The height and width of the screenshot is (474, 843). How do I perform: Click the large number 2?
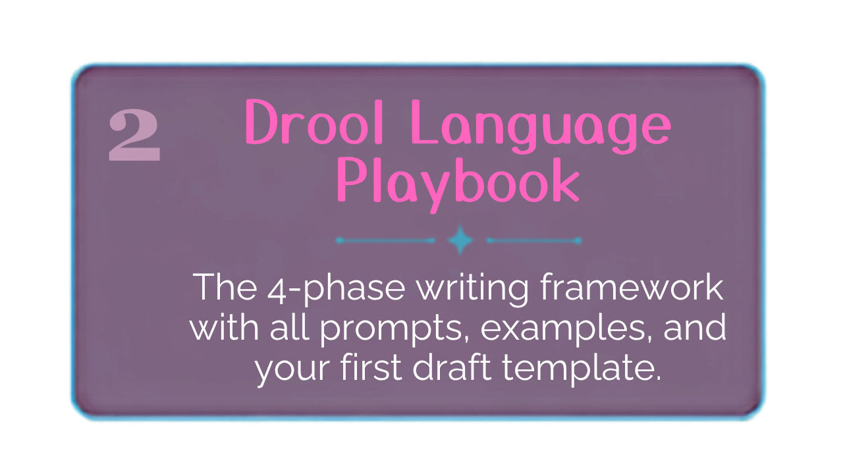(x=135, y=136)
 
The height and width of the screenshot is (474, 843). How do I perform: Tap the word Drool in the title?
(x=314, y=122)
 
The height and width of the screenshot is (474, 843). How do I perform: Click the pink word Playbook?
(x=458, y=184)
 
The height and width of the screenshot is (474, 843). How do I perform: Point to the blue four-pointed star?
(x=460, y=240)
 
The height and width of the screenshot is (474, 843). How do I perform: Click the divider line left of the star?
(x=386, y=240)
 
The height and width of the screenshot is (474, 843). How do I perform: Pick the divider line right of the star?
(x=534, y=240)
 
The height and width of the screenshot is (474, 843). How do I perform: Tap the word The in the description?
(x=225, y=287)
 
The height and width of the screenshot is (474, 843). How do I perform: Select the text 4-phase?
(x=336, y=289)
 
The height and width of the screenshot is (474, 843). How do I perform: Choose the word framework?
(x=632, y=287)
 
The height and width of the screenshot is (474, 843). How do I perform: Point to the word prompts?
(x=394, y=330)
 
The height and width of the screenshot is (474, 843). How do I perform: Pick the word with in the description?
(x=225, y=327)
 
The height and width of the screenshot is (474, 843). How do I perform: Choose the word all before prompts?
(x=289, y=327)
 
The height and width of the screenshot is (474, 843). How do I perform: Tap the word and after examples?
(x=694, y=327)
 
